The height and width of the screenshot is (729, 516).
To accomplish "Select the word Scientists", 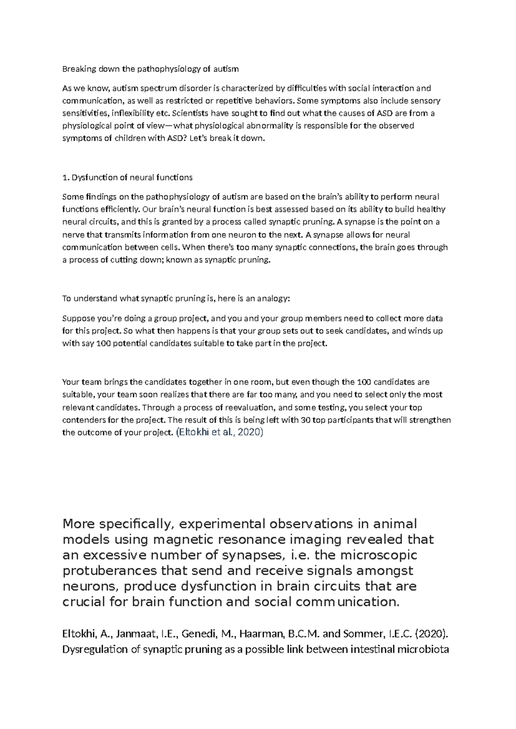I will click(x=191, y=113).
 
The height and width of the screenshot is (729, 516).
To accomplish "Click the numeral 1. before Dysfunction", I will click(x=65, y=178).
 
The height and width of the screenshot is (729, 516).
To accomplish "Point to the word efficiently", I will click(x=119, y=210).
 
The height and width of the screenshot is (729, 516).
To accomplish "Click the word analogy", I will click(x=273, y=299).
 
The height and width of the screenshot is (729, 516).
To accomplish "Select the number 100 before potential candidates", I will click(x=104, y=344).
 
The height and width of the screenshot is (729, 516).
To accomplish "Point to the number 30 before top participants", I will click(x=306, y=420).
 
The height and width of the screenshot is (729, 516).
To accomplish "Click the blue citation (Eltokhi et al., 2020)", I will click(x=219, y=432).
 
